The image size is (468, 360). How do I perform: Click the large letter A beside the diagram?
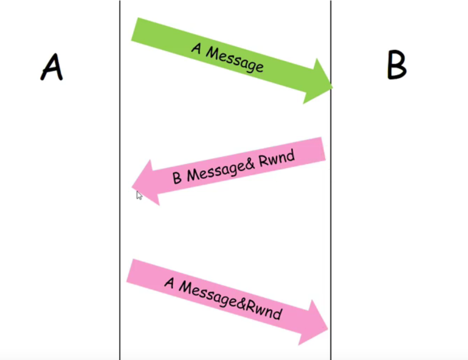coord(52,67)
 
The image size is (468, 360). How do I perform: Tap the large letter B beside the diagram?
coord(396,65)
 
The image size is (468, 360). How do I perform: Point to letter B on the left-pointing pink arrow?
coord(177,178)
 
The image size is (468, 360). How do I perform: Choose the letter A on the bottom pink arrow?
coord(170,282)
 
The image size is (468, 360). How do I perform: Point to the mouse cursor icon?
coord(139,195)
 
